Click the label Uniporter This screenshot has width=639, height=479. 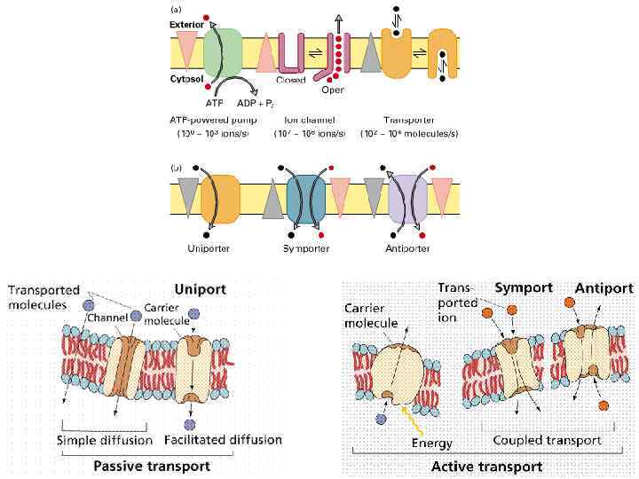tap(209, 248)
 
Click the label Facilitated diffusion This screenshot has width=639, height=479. tap(224, 440)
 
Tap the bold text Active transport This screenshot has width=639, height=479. tap(487, 465)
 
